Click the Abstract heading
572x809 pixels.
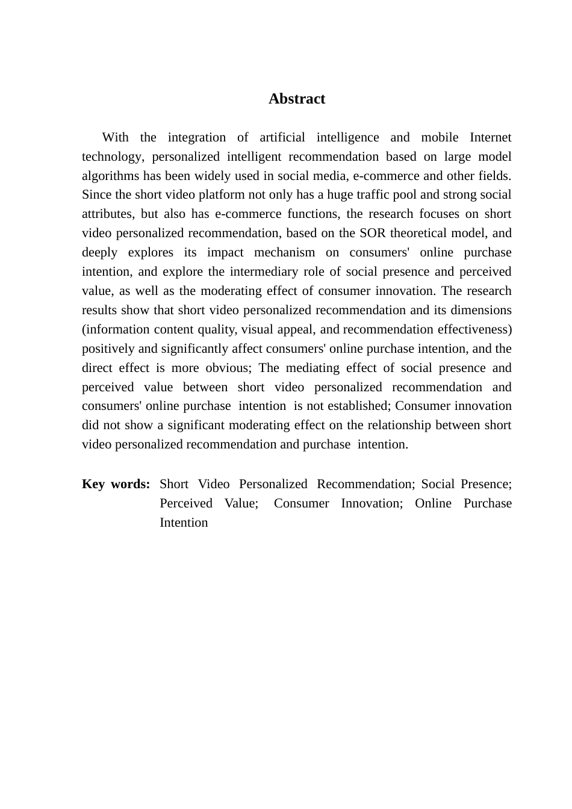296,99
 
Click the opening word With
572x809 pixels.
115,137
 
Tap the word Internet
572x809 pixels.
490,137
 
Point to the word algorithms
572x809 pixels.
110,176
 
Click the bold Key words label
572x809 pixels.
116,485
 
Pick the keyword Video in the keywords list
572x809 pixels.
214,485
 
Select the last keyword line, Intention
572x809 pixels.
184,523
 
